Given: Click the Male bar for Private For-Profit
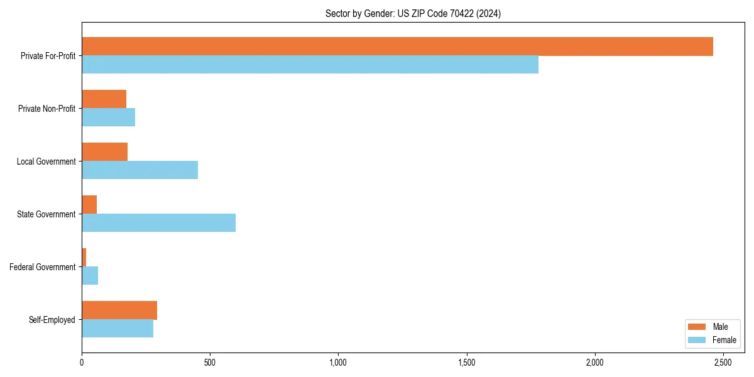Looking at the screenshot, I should click(x=397, y=46).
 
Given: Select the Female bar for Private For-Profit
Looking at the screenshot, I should click(x=310, y=65).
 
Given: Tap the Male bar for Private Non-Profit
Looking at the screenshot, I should click(x=104, y=99).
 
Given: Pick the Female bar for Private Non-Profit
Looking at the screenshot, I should click(x=108, y=117).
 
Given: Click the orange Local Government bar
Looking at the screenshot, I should click(x=104, y=152).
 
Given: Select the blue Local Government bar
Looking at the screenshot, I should click(x=139, y=170).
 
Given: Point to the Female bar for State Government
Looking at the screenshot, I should click(x=158, y=223).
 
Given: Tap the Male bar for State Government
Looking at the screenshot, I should click(x=89, y=205).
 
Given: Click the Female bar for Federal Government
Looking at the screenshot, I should click(x=90, y=276).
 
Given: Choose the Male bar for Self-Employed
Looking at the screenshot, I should click(x=119, y=310).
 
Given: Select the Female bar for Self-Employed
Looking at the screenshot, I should click(x=117, y=329).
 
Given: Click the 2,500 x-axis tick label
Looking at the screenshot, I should click(x=723, y=363).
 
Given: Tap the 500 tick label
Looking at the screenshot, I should click(x=210, y=363).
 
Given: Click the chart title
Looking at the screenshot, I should click(x=413, y=14).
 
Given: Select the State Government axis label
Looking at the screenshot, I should click(x=46, y=214).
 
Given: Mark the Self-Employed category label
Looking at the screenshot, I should click(x=52, y=320).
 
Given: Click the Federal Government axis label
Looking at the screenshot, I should click(x=42, y=267).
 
